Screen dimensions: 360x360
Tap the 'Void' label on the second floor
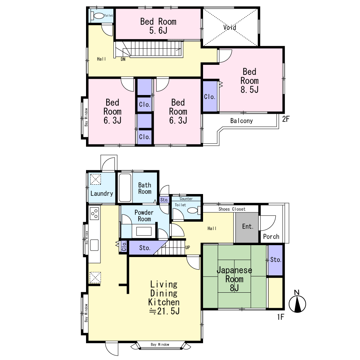tap(230, 28)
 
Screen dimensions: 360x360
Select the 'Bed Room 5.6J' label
tap(158, 26)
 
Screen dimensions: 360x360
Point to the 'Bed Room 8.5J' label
tap(249, 81)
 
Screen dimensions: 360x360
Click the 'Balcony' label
tap(242, 121)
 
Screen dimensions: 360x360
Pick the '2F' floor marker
tap(286, 119)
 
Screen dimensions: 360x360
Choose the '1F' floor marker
tap(280, 317)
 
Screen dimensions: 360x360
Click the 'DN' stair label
tap(123, 59)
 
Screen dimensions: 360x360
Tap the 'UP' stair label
tap(188, 248)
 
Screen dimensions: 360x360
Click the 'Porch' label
tap(271, 237)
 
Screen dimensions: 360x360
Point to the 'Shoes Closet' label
tap(232, 209)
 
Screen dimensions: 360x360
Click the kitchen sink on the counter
tap(94, 245)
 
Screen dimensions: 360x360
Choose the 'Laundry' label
tap(102, 194)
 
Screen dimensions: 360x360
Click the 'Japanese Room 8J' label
tap(234, 279)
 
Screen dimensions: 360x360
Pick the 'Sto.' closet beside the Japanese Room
tap(275, 260)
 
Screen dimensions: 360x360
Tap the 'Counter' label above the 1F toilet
tap(186, 199)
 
